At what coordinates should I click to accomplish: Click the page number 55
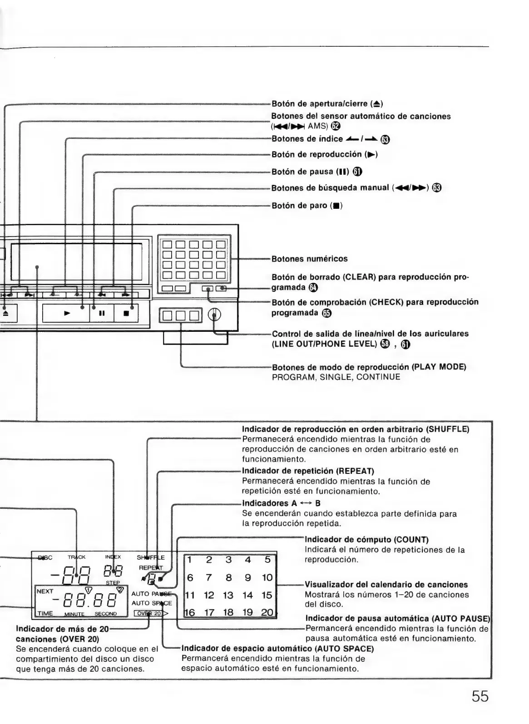pos(480,696)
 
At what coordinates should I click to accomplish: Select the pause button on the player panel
pos(102,313)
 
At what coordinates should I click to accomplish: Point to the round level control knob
pos(215,314)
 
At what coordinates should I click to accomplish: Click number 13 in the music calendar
pos(228,595)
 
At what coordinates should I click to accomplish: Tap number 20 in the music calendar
pos(267,613)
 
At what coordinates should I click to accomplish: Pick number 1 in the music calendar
pos(190,560)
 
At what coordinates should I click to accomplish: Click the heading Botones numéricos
pos(309,259)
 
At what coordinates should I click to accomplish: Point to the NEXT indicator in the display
pos(45,591)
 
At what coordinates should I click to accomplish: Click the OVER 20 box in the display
pos(148,613)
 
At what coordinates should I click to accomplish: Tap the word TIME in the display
pos(45,613)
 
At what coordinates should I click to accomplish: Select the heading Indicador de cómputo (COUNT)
pos(366,540)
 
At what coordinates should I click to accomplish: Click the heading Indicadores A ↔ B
pos(281,503)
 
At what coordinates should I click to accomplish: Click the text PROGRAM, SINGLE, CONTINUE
pos(336,377)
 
